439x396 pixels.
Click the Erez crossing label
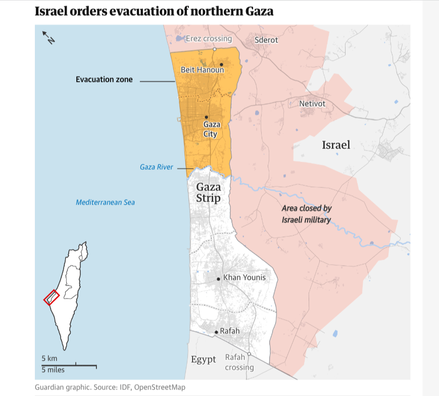click(x=209, y=39)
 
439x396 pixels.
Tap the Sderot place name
click(x=266, y=40)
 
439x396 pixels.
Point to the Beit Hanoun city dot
click(x=221, y=65)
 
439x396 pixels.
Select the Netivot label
click(x=312, y=104)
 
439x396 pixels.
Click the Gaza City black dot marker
click(x=206, y=117)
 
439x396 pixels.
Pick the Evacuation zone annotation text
click(x=104, y=79)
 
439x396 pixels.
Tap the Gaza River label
click(x=157, y=167)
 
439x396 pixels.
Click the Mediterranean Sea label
click(x=105, y=203)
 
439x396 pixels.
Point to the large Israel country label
click(x=336, y=145)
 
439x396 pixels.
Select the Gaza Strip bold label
click(x=208, y=192)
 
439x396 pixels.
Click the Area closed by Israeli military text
click(x=306, y=214)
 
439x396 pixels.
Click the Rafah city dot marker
click(x=216, y=332)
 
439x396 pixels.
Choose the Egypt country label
click(x=204, y=360)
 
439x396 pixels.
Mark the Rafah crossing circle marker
click(x=249, y=354)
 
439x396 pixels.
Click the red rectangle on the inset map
click(x=52, y=298)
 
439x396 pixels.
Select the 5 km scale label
click(x=49, y=358)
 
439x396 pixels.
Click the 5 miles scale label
click(x=53, y=370)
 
